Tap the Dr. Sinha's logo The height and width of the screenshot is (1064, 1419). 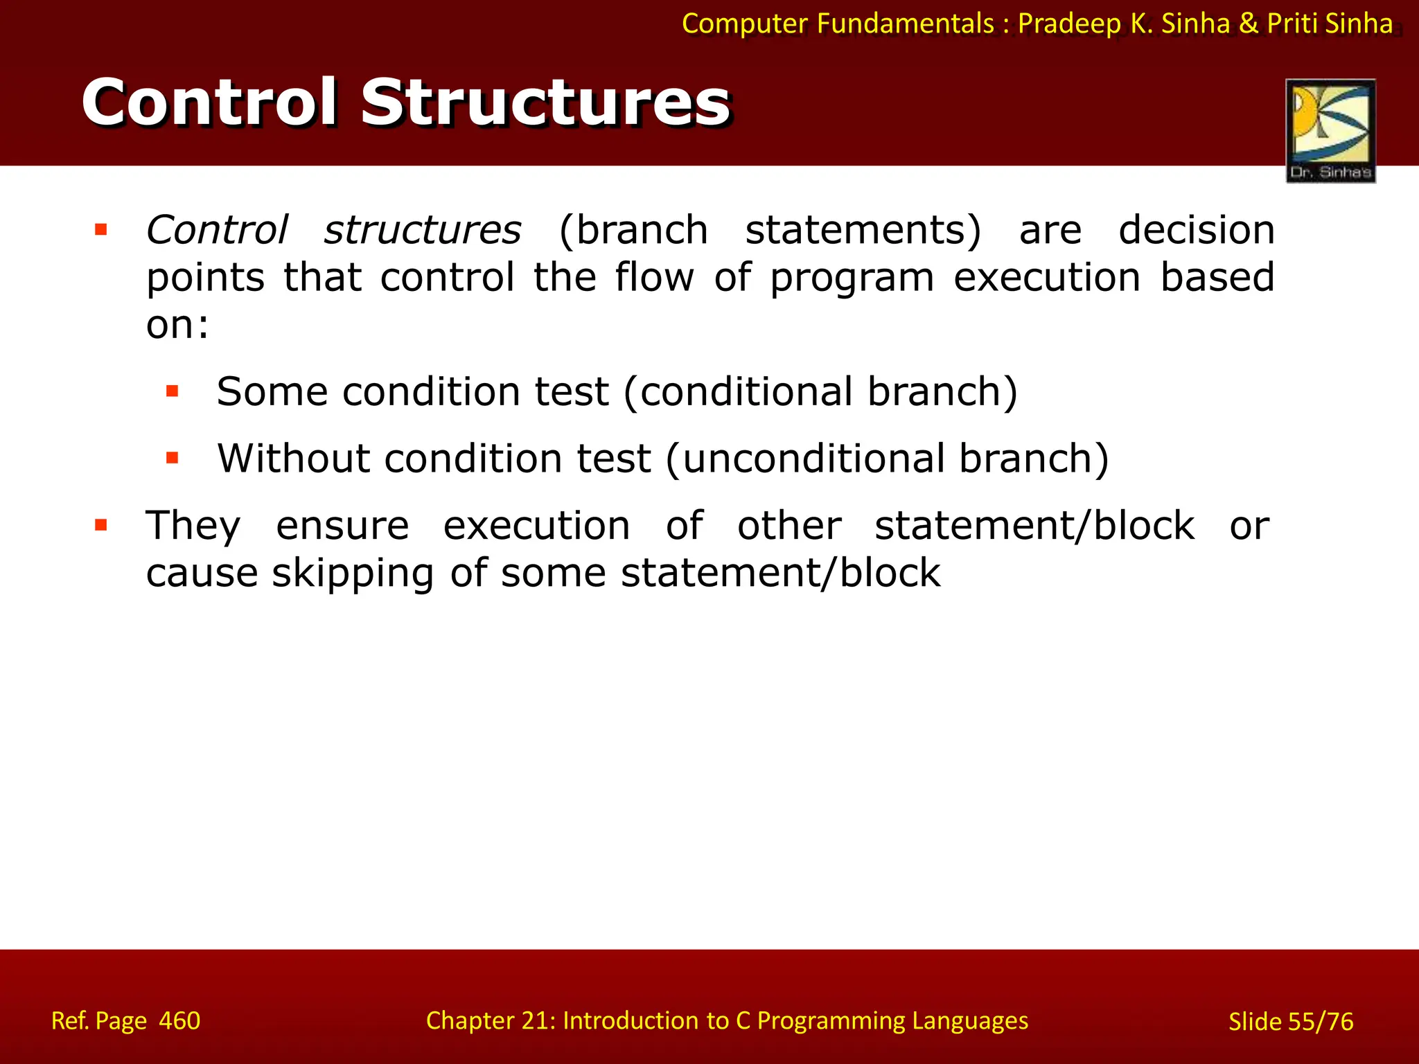coord(1330,131)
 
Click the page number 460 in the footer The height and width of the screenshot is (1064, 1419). coord(179,1021)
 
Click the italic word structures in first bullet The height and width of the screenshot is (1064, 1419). coord(423,230)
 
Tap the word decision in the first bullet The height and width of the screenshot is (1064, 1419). coord(1197,230)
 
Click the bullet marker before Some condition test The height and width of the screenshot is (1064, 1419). coord(173,391)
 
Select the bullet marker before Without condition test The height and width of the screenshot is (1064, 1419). coord(173,458)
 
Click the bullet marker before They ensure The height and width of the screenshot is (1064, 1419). coord(101,525)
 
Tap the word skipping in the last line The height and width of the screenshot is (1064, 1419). coord(353,574)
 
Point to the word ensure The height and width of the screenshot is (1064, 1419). coord(342,526)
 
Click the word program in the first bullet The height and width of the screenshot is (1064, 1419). coord(852,278)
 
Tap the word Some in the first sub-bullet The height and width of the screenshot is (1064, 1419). coord(272,392)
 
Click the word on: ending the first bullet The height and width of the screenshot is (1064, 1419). coord(177,325)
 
